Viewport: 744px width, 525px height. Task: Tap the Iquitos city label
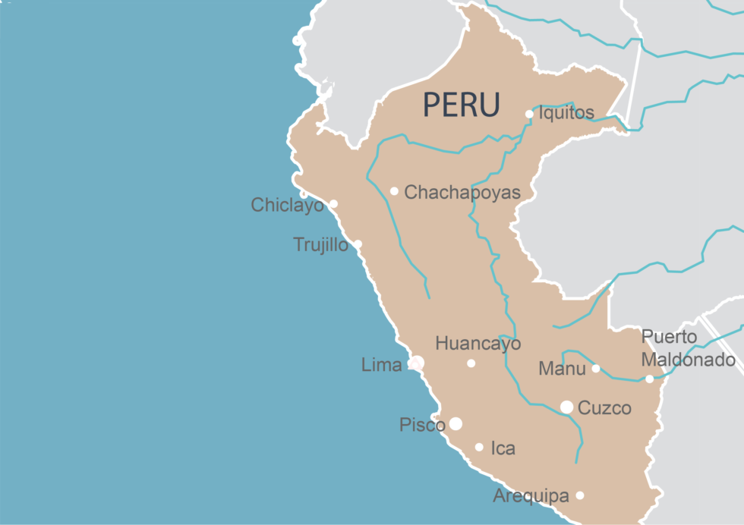[x=566, y=113]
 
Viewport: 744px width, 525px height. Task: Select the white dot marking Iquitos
[x=530, y=115]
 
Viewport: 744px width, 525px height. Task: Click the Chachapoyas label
[x=462, y=193]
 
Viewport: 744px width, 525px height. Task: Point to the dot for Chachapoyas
[x=394, y=191]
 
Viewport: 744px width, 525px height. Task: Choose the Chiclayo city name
[x=288, y=205]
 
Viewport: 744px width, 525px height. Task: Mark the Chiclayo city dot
[x=333, y=204]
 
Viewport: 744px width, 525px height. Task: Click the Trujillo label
[x=320, y=245]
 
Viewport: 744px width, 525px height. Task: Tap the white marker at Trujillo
[x=358, y=244]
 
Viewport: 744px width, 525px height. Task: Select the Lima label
[x=381, y=365]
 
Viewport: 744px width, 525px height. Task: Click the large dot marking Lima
[x=417, y=363]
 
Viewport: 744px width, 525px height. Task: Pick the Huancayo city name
[x=478, y=344]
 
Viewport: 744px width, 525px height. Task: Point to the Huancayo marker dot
[x=471, y=363]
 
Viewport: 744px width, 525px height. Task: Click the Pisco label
[x=422, y=425]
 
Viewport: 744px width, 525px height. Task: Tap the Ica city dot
[x=479, y=447]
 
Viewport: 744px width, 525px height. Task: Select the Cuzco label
[x=604, y=408]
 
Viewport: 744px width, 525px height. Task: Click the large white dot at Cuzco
[x=566, y=407]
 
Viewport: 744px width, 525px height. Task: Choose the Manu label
[x=562, y=369]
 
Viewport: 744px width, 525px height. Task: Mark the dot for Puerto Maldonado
[x=649, y=379]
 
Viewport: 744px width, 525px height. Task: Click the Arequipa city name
[x=531, y=496]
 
